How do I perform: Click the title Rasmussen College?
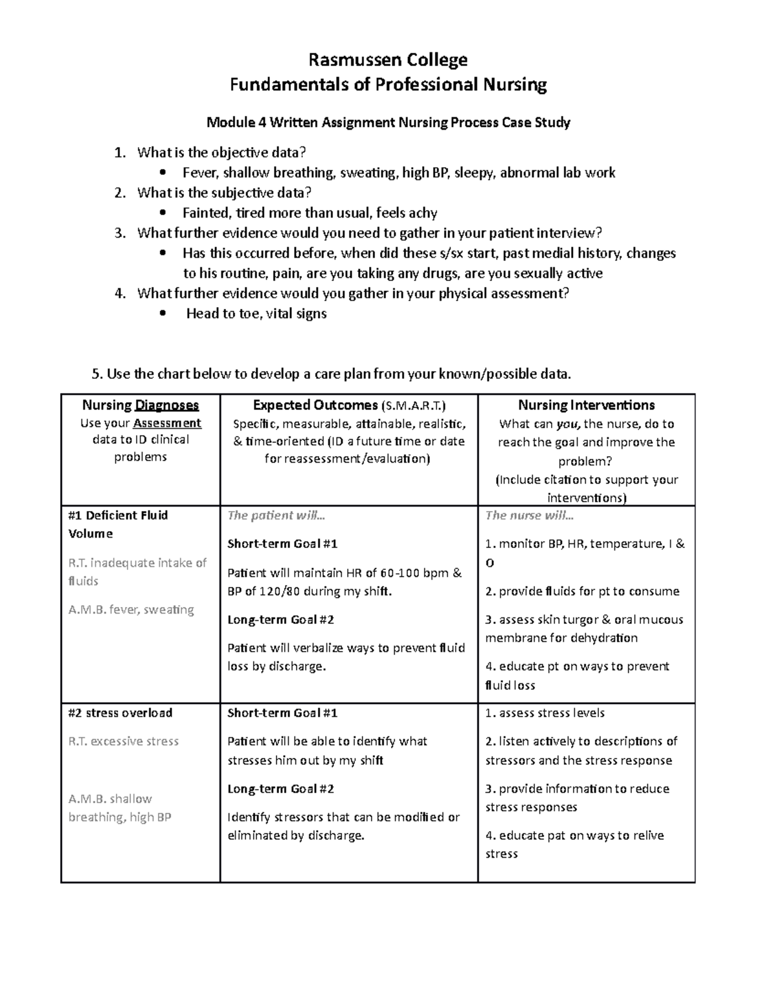(388, 60)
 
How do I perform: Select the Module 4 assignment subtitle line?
(388, 122)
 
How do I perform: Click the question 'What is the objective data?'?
(221, 153)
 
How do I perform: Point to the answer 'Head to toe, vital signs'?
(256, 314)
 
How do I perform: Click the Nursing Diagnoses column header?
(141, 406)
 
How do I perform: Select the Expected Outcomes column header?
(348, 406)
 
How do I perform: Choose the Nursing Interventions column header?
(586, 406)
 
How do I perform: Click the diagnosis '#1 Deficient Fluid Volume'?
(117, 524)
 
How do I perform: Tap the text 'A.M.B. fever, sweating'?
(131, 610)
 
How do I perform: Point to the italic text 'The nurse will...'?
(530, 516)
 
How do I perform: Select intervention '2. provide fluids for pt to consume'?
(582, 591)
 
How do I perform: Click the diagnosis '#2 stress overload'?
(120, 713)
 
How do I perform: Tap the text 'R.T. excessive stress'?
(124, 742)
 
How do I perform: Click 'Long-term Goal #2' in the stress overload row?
(280, 789)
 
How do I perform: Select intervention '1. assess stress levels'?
(545, 713)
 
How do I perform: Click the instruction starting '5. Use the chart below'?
(332, 374)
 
